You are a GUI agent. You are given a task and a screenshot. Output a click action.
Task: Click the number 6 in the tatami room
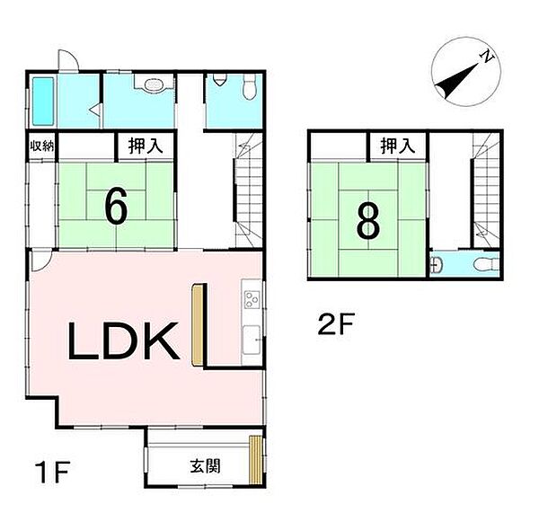(x=114, y=208)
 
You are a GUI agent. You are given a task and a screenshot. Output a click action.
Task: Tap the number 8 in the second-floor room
(x=367, y=222)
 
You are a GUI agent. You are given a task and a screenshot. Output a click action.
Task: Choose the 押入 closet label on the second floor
(x=395, y=145)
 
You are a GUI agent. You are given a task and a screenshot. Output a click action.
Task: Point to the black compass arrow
(x=455, y=79)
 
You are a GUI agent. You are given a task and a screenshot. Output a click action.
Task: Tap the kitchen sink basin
(x=252, y=339)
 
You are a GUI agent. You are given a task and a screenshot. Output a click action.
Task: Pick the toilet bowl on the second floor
(x=482, y=263)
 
